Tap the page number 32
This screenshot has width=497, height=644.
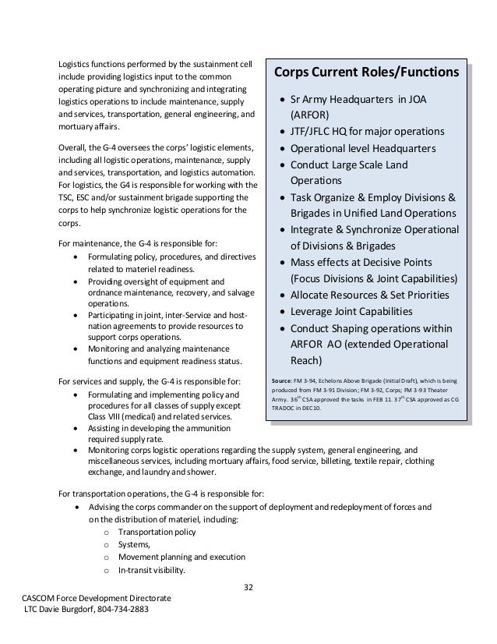(248, 587)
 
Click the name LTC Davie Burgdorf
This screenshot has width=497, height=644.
(53, 609)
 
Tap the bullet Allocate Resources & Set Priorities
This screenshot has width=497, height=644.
(369, 295)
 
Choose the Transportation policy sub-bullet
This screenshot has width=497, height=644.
(157, 532)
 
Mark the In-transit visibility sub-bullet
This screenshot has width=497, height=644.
(151, 569)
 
